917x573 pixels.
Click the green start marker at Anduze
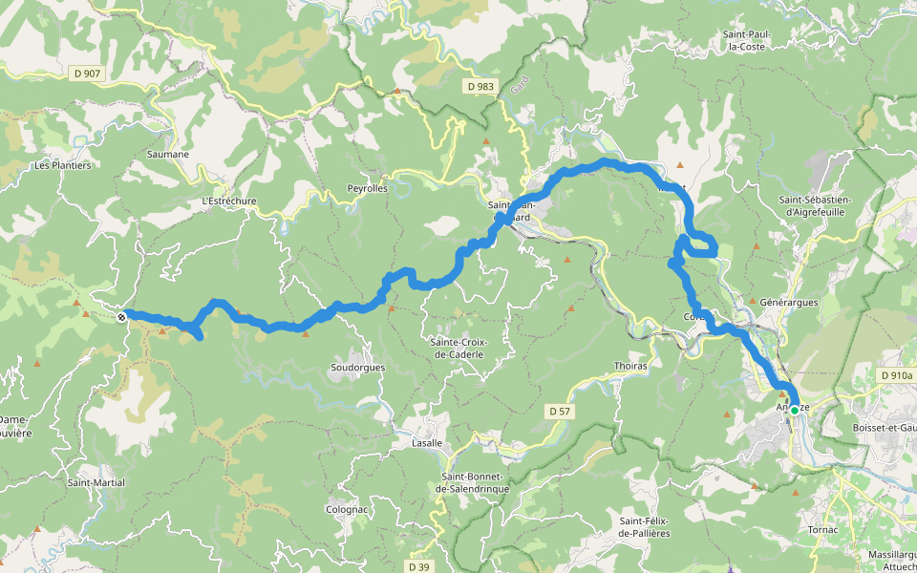coord(794,411)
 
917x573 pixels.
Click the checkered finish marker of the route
coord(121,316)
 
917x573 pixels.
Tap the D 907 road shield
coord(86,72)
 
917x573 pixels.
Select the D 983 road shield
coord(480,87)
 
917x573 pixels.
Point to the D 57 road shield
coord(560,411)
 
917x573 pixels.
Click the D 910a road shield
coord(895,376)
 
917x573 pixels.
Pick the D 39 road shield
coord(417,566)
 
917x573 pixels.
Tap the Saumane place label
coord(168,154)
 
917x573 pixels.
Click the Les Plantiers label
coord(62,165)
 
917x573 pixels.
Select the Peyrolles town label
coord(367,189)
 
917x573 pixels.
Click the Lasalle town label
coord(426,443)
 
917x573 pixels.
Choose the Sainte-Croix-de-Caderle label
coord(458,348)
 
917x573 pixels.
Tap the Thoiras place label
coord(631,366)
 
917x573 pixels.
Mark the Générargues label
coord(789,303)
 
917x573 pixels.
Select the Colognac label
coord(347,509)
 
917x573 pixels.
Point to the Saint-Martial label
coord(96,483)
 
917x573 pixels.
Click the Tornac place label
coord(822,529)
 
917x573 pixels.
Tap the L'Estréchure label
coord(229,202)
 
